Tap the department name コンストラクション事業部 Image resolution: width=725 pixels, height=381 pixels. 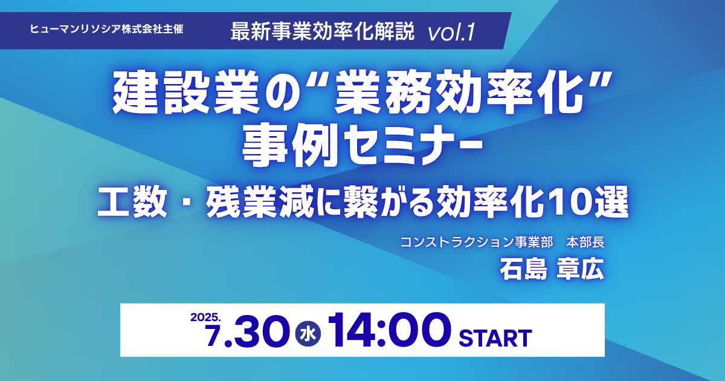pyautogui.click(x=476, y=243)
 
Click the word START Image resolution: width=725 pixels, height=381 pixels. pyautogui.click(x=495, y=338)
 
